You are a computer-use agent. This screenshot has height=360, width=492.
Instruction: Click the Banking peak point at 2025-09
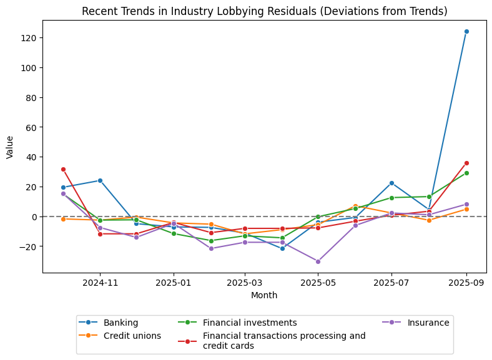[x=466, y=31]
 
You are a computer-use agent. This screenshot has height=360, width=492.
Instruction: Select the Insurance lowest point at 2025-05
[x=318, y=261]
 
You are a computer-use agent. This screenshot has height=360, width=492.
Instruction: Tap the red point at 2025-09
[x=466, y=163]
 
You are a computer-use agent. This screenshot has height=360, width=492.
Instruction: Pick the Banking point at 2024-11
[x=100, y=180]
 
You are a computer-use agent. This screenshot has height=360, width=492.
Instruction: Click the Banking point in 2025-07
[x=391, y=183]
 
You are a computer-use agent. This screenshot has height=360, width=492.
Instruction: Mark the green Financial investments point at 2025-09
[x=466, y=173]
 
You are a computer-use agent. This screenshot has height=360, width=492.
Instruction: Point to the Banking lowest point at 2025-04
[x=282, y=248]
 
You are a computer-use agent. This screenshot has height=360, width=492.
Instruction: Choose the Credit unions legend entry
[x=132, y=336]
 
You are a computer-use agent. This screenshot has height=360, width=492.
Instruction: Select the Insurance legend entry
[x=427, y=323]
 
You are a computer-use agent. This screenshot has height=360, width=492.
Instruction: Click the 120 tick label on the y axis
[x=29, y=38]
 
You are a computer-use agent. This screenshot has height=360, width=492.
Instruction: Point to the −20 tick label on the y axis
[x=26, y=246]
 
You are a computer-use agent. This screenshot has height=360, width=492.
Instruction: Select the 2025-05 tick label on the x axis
[x=318, y=283]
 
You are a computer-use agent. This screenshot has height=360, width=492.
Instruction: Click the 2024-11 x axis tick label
[x=100, y=283]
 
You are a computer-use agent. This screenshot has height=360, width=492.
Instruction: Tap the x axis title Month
[x=264, y=295]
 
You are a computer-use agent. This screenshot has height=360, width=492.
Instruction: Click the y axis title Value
[x=10, y=147]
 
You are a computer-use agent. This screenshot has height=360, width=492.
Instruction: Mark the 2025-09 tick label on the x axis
[x=466, y=283]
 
